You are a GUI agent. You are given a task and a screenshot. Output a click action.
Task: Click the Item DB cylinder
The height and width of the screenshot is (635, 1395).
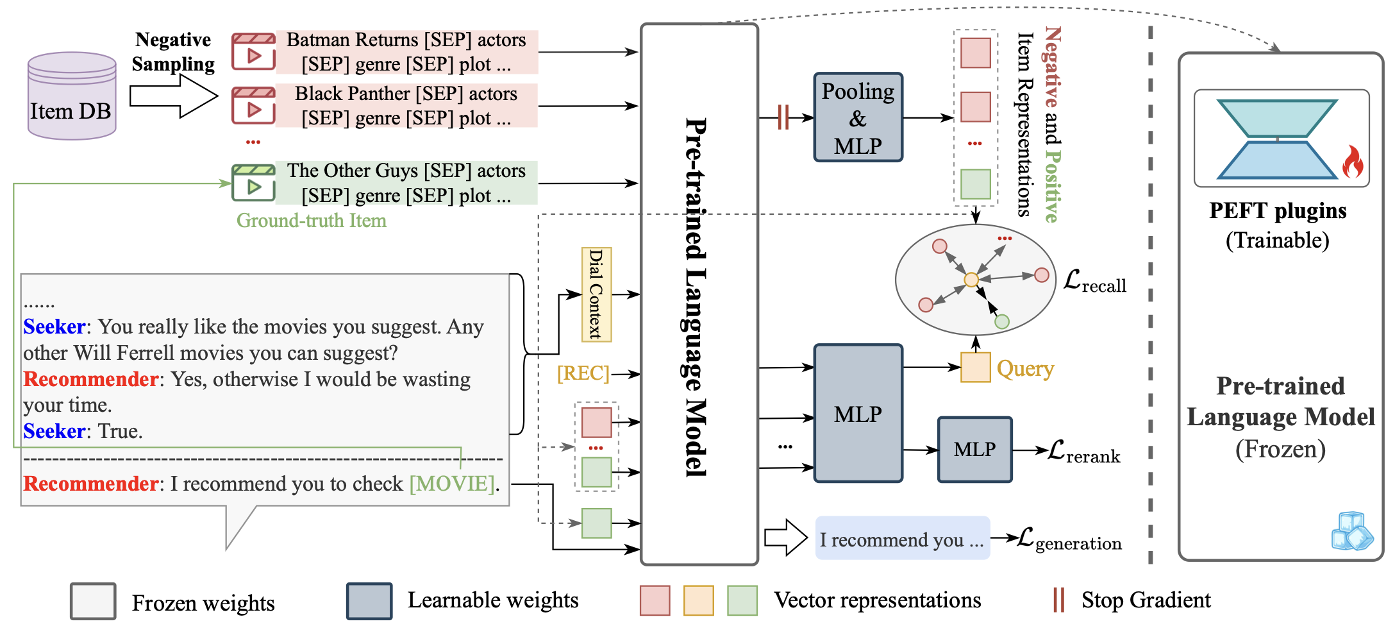pyautogui.click(x=72, y=96)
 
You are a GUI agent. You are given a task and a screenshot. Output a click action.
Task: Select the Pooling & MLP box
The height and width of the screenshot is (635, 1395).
pyautogui.click(x=858, y=117)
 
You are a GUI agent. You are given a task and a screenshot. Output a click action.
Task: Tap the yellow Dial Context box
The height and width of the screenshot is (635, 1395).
pyautogui.click(x=596, y=294)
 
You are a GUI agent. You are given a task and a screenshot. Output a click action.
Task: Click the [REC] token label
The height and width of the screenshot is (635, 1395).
pyautogui.click(x=583, y=373)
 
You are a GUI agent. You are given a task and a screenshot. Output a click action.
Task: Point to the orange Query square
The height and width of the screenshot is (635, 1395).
pyautogui.click(x=975, y=368)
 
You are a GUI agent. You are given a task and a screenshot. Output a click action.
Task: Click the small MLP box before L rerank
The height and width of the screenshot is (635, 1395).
pyautogui.click(x=974, y=450)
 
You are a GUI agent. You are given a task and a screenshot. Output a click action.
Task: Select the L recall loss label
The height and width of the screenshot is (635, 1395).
pyautogui.click(x=1094, y=282)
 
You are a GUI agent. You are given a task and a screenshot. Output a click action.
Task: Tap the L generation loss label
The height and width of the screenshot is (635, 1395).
pyautogui.click(x=1069, y=539)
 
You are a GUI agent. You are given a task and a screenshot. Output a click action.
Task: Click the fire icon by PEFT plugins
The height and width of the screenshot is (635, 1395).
pyautogui.click(x=1353, y=162)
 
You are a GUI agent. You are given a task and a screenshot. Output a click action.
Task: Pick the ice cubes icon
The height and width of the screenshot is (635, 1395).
pyautogui.click(x=1352, y=531)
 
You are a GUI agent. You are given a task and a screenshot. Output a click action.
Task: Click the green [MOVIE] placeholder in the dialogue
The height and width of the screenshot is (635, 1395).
pyautogui.click(x=453, y=484)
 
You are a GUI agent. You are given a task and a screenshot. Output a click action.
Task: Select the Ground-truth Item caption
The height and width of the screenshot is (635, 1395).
pyautogui.click(x=312, y=221)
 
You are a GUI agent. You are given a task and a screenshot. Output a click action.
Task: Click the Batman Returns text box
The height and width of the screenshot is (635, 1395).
pyautogui.click(x=406, y=52)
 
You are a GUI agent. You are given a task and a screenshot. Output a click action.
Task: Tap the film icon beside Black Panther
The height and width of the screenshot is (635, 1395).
pyautogui.click(x=253, y=106)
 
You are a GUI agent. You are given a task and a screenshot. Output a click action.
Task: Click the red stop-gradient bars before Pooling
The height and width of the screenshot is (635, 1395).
pyautogui.click(x=783, y=117)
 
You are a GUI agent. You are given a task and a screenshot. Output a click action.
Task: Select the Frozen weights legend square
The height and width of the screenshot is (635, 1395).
pyautogui.click(x=93, y=601)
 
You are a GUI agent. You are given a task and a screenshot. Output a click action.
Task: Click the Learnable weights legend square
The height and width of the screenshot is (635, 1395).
pyautogui.click(x=369, y=601)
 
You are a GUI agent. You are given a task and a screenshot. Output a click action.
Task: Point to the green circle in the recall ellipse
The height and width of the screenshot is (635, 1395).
pyautogui.click(x=1002, y=322)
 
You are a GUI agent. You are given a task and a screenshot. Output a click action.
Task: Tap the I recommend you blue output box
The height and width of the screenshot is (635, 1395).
pyautogui.click(x=902, y=538)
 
